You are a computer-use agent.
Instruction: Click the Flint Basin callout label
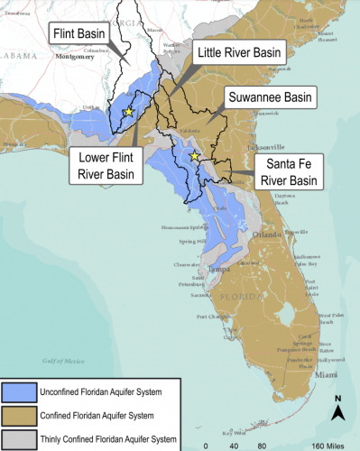point(78,36)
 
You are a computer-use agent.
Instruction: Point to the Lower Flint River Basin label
point(103,166)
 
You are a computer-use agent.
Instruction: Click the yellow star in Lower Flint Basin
point(129,111)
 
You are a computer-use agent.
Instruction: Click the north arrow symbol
point(337,410)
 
